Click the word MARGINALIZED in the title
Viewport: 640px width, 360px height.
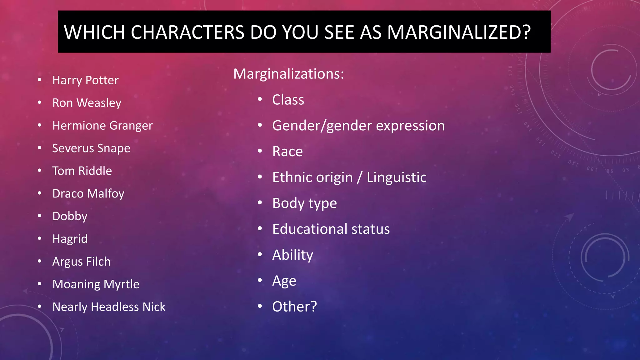coord(459,32)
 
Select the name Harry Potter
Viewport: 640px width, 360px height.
coord(85,80)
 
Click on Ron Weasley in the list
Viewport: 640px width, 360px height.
coord(87,103)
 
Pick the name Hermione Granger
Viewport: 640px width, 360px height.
coord(102,126)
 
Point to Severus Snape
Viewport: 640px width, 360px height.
coord(91,148)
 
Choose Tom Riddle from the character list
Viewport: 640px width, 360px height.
coord(82,171)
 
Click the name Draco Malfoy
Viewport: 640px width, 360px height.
coord(88,194)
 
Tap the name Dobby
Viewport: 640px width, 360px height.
coord(70,216)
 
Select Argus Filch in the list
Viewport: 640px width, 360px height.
coord(81,262)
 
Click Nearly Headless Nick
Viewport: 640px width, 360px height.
coord(109,307)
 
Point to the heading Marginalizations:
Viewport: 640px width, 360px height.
coord(288,74)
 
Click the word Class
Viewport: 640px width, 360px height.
coord(288,100)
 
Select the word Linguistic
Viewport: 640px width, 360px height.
coord(396,177)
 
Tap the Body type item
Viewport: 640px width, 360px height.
coord(304,203)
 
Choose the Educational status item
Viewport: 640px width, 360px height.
coord(331,229)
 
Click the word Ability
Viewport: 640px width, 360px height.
coord(292,255)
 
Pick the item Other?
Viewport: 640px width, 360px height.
coord(294,307)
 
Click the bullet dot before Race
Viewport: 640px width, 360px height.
coord(260,151)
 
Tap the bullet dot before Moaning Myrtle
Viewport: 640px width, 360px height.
coord(39,284)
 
